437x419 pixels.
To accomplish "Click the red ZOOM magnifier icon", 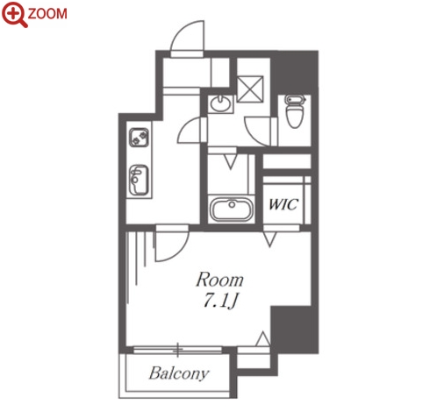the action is (x=14, y=15).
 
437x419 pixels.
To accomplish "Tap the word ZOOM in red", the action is (x=47, y=14).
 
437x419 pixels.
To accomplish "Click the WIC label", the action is (x=283, y=204).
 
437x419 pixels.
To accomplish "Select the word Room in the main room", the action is (x=219, y=280).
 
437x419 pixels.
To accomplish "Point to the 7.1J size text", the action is (x=220, y=301).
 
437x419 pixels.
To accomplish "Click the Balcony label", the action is (x=179, y=373).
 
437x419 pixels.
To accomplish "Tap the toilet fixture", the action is (x=295, y=111).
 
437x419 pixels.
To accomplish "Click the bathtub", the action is (x=231, y=209).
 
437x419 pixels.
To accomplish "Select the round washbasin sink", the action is (x=221, y=104).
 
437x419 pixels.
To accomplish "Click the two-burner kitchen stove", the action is (x=140, y=138).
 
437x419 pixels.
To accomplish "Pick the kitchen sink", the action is (x=139, y=180).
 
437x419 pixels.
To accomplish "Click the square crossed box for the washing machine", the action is (x=250, y=89).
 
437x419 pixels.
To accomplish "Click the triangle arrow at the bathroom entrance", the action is (x=231, y=162).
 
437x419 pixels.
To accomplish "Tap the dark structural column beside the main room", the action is (x=294, y=330).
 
